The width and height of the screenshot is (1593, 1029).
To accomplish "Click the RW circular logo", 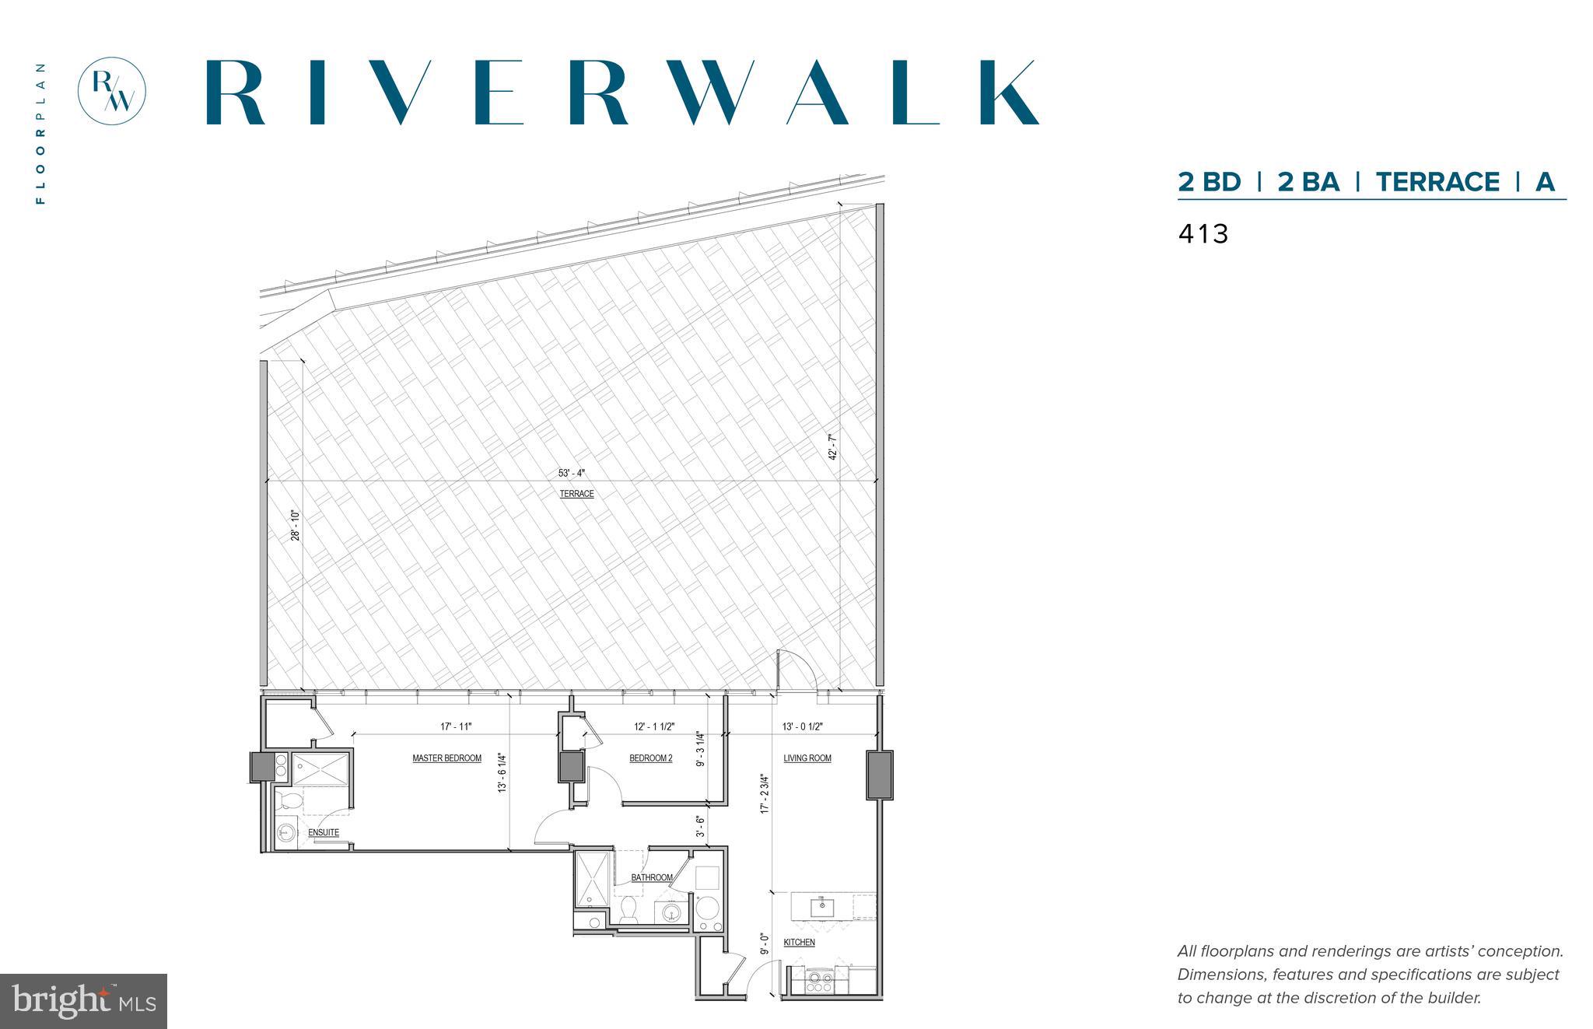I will coord(112,90).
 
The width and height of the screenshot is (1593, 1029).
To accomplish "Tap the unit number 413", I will coord(1203,234).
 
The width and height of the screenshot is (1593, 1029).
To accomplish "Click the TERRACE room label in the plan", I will coord(576,495).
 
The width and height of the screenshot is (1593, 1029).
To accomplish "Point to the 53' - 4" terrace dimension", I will coord(571,473).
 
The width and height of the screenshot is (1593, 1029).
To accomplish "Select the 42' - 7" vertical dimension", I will coord(833,447).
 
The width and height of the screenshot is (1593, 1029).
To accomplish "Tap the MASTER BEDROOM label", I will coord(446,758).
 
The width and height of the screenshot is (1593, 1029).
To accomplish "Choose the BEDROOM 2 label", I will coord(650,758).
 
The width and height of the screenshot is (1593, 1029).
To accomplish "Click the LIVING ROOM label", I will coord(807,758).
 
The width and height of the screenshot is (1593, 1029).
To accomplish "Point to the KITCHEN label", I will coord(799,943).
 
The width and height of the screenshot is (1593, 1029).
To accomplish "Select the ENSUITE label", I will coord(323,833).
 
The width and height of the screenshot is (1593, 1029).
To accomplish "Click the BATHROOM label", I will coord(651,878).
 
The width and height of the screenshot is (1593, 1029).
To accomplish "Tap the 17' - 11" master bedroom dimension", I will coord(456,727).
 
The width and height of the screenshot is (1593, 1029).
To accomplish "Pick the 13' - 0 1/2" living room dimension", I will coord(802,727).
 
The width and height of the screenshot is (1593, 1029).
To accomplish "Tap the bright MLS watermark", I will coord(84,1001).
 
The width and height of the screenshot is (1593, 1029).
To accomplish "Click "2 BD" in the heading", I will coord(1209,182).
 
